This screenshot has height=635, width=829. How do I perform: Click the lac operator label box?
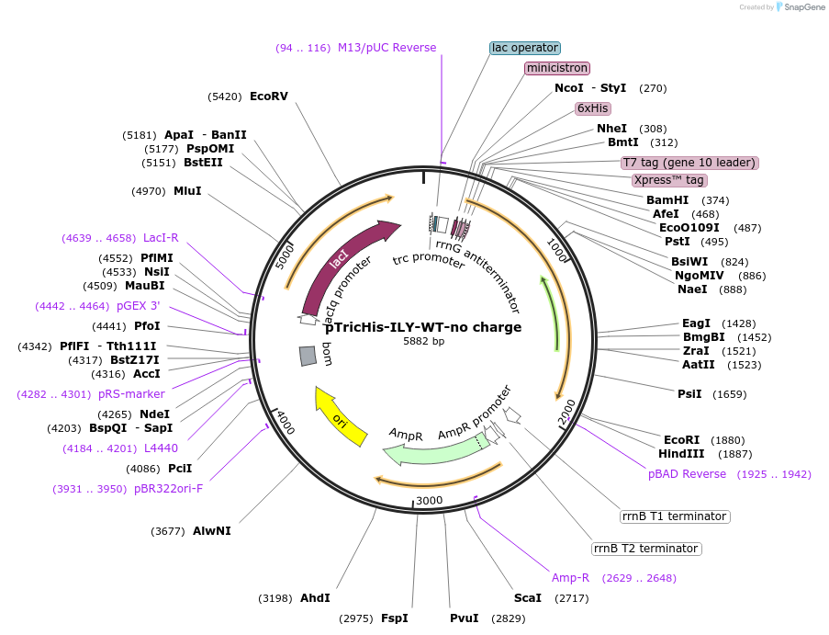click(524, 48)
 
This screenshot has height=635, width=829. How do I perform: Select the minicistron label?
click(557, 68)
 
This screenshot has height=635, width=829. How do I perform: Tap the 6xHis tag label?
click(593, 108)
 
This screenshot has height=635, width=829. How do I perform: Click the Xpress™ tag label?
click(669, 180)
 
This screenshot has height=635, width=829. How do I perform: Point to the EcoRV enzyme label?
click(269, 96)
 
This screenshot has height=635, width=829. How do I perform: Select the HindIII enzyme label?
click(681, 454)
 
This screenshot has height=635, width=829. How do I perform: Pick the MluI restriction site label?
click(187, 191)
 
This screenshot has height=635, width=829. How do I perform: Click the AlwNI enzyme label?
click(212, 531)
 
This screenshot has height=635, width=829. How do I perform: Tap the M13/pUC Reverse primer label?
click(386, 48)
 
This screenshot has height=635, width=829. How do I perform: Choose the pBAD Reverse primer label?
click(687, 474)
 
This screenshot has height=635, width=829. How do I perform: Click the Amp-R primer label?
click(570, 578)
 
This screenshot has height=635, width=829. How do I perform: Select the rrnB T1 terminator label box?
click(675, 516)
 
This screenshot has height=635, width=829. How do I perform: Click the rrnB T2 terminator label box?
click(646, 549)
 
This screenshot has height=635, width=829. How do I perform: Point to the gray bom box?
click(308, 357)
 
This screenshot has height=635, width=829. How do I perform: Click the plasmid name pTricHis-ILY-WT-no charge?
click(423, 327)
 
